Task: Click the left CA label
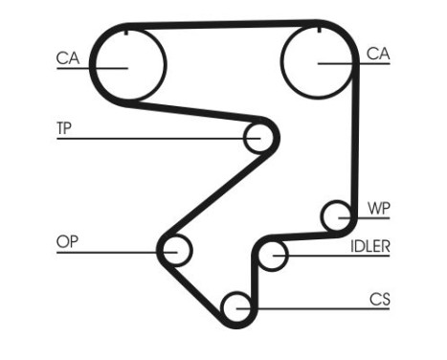coord(66,58)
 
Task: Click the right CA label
coord(378,55)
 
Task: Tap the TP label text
coord(65,127)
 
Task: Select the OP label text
coord(66,241)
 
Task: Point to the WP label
coord(378,208)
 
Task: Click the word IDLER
coord(369,246)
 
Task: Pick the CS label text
coord(379,300)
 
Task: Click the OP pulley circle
coord(176,252)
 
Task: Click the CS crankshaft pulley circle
coord(236,307)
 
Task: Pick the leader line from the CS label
coord(316,307)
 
